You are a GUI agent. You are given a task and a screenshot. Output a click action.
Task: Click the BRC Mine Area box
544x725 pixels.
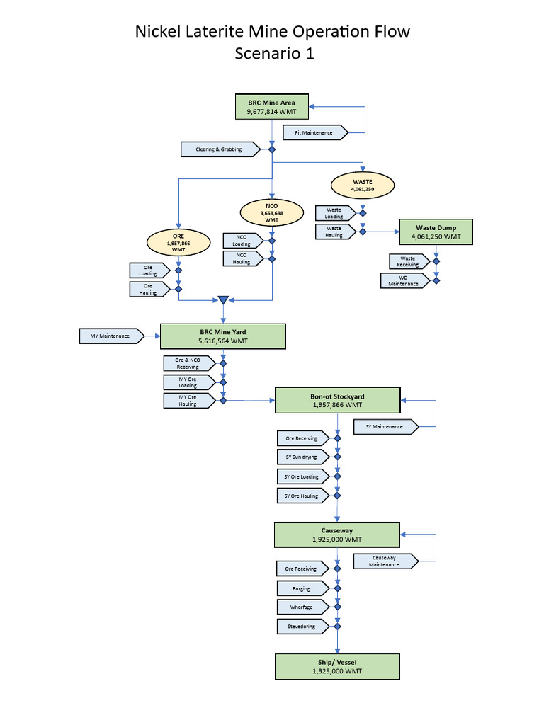click(271, 107)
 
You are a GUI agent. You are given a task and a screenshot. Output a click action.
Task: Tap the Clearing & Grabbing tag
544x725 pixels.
click(221, 149)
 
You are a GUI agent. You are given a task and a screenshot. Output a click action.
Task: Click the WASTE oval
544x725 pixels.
click(362, 185)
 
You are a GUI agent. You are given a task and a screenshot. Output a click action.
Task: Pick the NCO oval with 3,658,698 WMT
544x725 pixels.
click(271, 212)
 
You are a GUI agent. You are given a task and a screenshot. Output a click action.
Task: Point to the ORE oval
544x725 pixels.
click(178, 242)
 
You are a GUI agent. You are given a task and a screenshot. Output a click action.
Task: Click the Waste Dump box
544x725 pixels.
click(436, 232)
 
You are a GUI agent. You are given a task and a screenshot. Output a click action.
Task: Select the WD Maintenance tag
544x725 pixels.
click(404, 280)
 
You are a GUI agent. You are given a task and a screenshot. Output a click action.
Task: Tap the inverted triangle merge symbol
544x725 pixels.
click(223, 300)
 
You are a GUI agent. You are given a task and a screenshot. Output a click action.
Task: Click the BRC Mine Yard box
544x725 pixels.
click(223, 336)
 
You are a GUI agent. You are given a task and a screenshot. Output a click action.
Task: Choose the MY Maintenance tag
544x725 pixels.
click(111, 336)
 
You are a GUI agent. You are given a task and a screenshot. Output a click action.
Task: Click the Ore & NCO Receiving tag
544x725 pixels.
click(189, 364)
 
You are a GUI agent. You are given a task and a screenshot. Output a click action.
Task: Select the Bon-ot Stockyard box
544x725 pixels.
click(337, 401)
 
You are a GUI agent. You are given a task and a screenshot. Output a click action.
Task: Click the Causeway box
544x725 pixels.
click(337, 535)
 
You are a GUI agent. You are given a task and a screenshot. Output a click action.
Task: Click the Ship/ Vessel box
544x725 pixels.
click(337, 666)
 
